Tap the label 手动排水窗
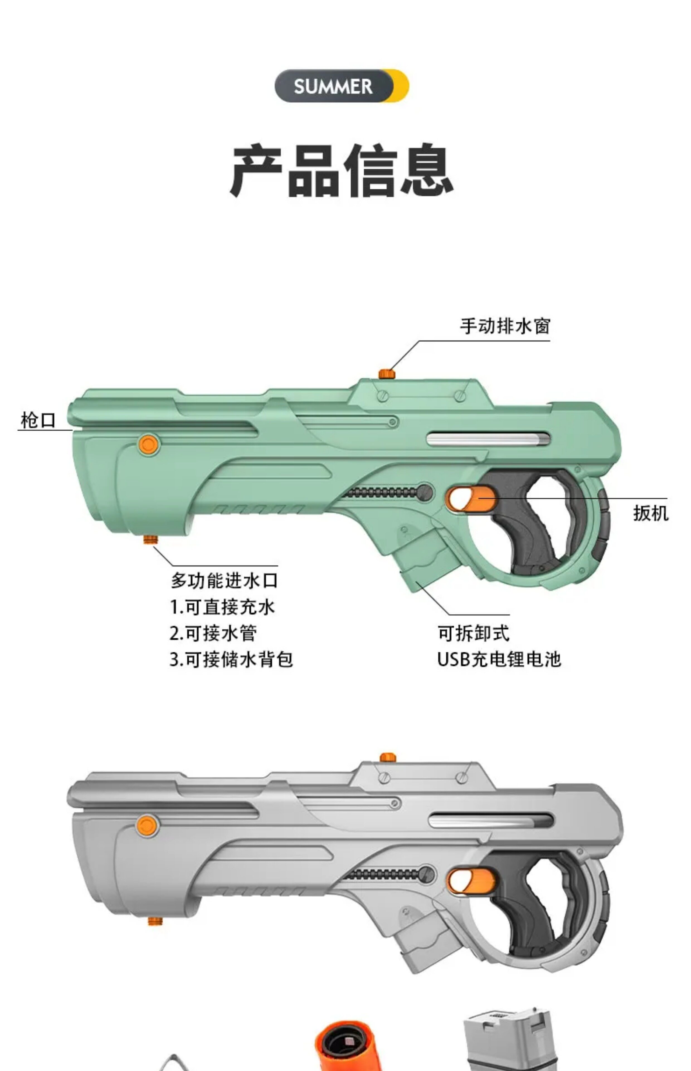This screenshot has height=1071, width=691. pyautogui.click(x=505, y=326)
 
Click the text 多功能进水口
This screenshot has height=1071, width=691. pyautogui.click(x=224, y=581)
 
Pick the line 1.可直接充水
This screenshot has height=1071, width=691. pyautogui.click(x=222, y=607)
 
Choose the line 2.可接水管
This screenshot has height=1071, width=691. pyautogui.click(x=213, y=633)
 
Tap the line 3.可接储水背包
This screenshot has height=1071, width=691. pyautogui.click(x=231, y=660)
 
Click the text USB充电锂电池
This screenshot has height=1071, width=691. pyautogui.click(x=499, y=659)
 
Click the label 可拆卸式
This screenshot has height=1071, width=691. pyautogui.click(x=473, y=633)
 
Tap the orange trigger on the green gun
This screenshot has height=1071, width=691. pyautogui.click(x=471, y=499)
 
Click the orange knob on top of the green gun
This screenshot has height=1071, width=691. pyautogui.click(x=386, y=374)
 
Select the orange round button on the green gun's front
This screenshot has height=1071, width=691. pyautogui.click(x=149, y=445)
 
